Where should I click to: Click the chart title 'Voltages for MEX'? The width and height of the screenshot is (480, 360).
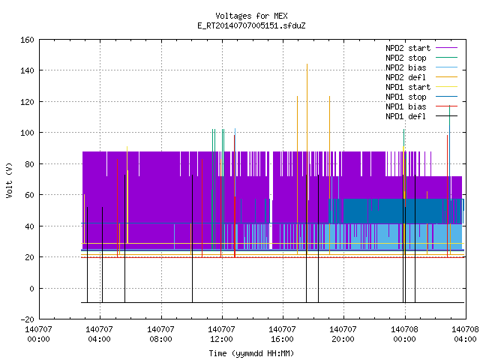click(x=251, y=16)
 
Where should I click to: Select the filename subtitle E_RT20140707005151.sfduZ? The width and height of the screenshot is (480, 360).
click(x=251, y=25)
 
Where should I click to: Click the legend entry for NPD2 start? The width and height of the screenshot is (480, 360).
click(x=408, y=48)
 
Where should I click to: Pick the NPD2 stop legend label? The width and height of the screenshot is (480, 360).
click(x=406, y=58)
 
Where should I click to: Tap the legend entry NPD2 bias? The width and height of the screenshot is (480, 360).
click(x=406, y=67)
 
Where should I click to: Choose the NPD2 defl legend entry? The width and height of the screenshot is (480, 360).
click(x=406, y=77)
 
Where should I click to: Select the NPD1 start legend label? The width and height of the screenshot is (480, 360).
click(x=408, y=87)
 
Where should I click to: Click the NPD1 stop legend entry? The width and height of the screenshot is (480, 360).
click(x=406, y=97)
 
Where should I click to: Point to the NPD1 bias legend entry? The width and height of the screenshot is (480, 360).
click(x=406, y=106)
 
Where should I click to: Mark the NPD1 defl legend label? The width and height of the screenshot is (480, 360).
click(x=406, y=117)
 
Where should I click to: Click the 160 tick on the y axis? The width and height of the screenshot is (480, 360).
click(x=27, y=40)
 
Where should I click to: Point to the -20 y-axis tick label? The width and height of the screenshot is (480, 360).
click(x=27, y=319)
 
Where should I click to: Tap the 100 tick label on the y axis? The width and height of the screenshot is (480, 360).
click(x=27, y=133)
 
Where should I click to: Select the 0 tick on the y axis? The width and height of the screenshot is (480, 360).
click(x=31, y=288)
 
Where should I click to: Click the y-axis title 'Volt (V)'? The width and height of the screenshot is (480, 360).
click(x=9, y=180)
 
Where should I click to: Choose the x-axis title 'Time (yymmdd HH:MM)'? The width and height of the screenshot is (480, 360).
click(x=251, y=353)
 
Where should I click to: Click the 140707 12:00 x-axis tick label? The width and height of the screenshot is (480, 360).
click(x=221, y=334)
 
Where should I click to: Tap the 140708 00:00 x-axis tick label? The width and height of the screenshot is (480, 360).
click(x=404, y=334)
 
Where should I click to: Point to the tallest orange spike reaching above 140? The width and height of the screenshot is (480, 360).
click(x=307, y=159)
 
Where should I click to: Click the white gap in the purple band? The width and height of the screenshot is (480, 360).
click(x=271, y=200)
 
